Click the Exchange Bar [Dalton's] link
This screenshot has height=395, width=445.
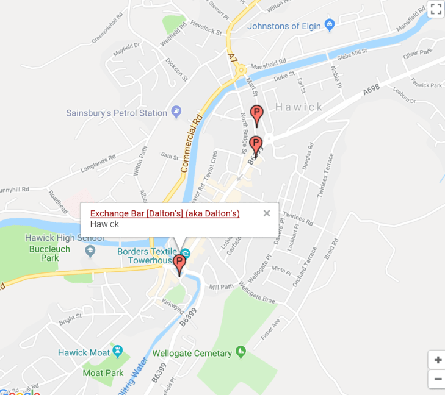(x=165, y=213)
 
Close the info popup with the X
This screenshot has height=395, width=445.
(x=266, y=213)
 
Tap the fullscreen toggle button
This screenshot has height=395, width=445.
(x=435, y=9)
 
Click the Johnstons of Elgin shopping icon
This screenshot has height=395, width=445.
(x=330, y=26)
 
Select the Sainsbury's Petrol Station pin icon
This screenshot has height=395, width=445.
(x=176, y=112)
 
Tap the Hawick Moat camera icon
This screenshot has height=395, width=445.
(x=118, y=352)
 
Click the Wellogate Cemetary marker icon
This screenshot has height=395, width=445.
(x=241, y=352)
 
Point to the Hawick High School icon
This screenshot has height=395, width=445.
(x=90, y=250)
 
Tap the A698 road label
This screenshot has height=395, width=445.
(x=371, y=90)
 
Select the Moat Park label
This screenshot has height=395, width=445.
(x=103, y=372)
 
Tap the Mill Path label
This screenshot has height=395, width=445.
(x=222, y=286)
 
